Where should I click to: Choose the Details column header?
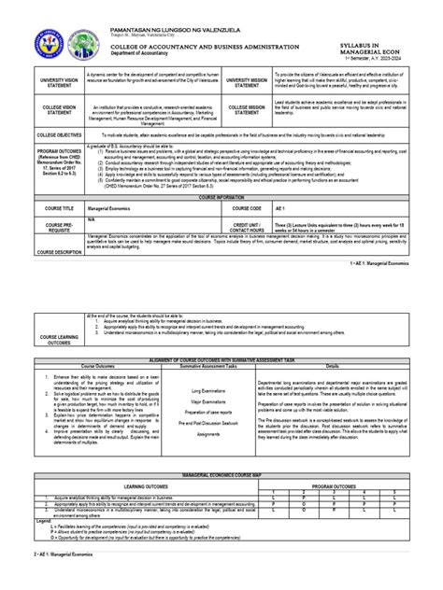click(332, 367)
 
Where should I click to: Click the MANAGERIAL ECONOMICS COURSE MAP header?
click(221, 476)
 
